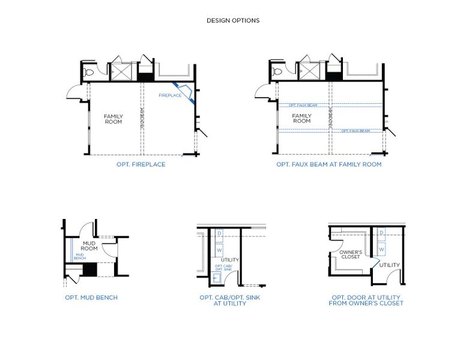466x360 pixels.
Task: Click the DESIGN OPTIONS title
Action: [x=233, y=20]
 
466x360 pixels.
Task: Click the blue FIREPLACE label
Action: [x=170, y=95]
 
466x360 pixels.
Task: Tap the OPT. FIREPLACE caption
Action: [x=141, y=164]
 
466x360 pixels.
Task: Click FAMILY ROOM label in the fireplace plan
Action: [x=113, y=119]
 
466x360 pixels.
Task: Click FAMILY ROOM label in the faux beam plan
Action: [x=301, y=119]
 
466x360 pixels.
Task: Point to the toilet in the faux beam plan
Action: [x=277, y=72]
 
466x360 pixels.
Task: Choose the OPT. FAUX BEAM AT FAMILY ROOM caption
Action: [x=328, y=164]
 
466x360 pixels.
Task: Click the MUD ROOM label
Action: [x=89, y=246]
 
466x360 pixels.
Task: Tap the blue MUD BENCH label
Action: [x=79, y=256]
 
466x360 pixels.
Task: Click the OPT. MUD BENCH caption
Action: [x=91, y=297]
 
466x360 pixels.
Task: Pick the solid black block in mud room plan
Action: [x=89, y=270]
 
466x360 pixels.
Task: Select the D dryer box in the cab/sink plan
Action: [x=219, y=233]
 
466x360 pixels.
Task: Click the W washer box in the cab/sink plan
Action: [x=219, y=250]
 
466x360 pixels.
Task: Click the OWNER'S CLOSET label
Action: [x=350, y=254]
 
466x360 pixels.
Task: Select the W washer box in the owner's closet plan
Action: [x=381, y=249]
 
